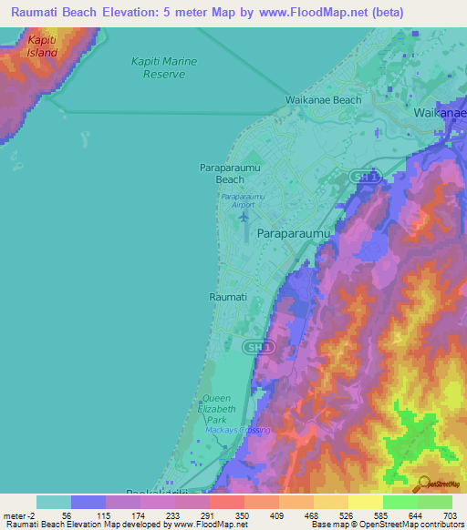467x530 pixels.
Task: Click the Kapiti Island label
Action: point(42,46)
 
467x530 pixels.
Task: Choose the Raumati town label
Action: point(228,297)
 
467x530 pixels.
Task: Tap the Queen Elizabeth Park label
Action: point(217,409)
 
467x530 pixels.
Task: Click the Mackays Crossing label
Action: point(244,430)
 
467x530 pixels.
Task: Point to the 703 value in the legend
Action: point(451,515)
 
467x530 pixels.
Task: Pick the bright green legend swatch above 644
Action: point(400,502)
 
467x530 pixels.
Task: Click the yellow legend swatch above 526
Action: point(330,502)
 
